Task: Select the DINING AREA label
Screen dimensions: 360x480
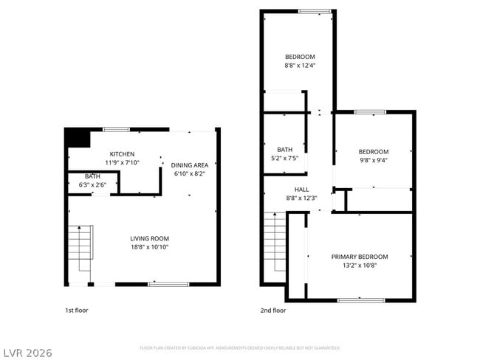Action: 190,165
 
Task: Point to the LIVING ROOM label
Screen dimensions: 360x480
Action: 150,238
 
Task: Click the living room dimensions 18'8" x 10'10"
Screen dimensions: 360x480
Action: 150,248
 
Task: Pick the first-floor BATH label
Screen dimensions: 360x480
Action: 92,176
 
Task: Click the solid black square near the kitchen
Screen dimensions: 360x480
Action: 76,138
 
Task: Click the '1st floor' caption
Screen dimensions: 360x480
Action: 76,311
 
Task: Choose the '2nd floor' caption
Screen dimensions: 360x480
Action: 272,311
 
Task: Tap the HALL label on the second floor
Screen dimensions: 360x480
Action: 301,189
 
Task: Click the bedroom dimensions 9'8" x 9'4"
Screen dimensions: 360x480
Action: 373,159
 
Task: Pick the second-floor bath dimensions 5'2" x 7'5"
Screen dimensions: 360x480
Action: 284,158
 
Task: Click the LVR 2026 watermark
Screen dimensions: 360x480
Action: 27,353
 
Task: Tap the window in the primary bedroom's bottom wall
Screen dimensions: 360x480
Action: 360,300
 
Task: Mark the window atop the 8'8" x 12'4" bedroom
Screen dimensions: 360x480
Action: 315,10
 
